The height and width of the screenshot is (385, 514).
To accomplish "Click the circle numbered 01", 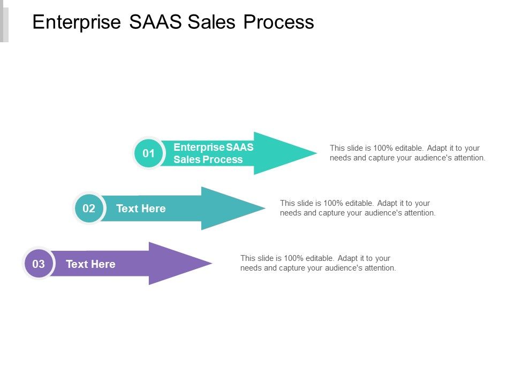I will [x=148, y=153].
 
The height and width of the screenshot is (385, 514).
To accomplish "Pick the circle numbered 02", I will [x=89, y=209].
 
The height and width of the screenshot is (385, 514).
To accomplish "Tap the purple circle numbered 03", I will [x=39, y=264].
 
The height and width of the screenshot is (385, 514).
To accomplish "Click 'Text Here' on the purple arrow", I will [x=90, y=264].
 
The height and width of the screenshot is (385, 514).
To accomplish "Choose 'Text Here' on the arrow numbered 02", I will [x=141, y=209].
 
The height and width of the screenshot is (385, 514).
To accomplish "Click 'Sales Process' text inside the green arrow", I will [x=208, y=160].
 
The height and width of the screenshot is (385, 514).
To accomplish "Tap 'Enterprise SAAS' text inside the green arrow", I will [x=213, y=148].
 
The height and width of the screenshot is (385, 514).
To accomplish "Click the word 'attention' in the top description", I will [x=467, y=158].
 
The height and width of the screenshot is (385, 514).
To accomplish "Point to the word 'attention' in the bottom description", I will [x=378, y=268].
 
